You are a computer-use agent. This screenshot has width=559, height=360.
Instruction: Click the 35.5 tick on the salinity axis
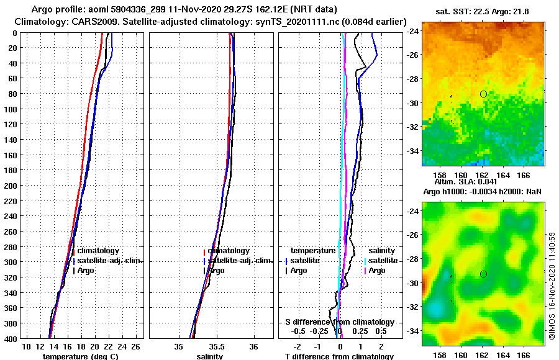(216, 346)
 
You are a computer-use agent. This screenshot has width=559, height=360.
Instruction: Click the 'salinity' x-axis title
(210, 356)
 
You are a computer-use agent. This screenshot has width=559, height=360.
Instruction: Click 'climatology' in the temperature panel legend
(98, 251)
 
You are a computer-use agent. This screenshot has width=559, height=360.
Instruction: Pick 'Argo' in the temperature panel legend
(86, 271)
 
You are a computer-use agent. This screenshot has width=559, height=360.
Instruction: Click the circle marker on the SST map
(483, 94)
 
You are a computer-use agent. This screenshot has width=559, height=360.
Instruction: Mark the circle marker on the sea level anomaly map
(483, 274)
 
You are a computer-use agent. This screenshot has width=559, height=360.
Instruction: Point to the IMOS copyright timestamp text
(552, 286)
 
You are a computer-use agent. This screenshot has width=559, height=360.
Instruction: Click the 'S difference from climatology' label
(340, 322)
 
